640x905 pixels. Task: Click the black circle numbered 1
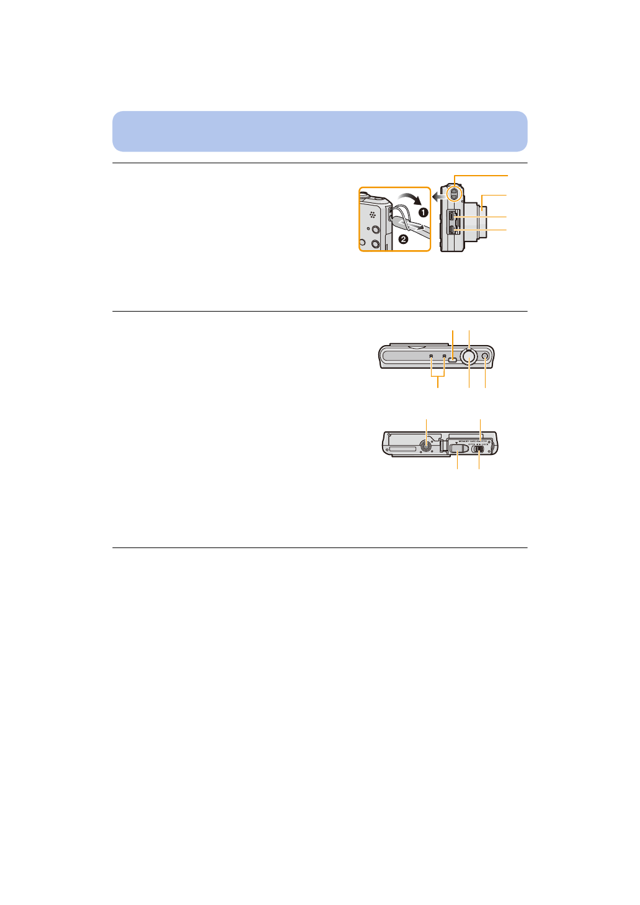pyautogui.click(x=423, y=212)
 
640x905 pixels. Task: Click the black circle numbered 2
pyautogui.click(x=403, y=239)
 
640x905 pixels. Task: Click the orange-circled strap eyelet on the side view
pyautogui.click(x=454, y=194)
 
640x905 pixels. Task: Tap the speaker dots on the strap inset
pyautogui.click(x=372, y=215)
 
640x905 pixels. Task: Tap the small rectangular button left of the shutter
pyautogui.click(x=453, y=358)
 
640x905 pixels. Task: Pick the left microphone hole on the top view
pyautogui.click(x=431, y=356)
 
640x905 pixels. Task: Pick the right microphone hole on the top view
pyautogui.click(x=444, y=356)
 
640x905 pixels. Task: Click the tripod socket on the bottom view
pyautogui.click(x=427, y=445)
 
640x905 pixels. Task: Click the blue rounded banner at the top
pyautogui.click(x=319, y=132)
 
